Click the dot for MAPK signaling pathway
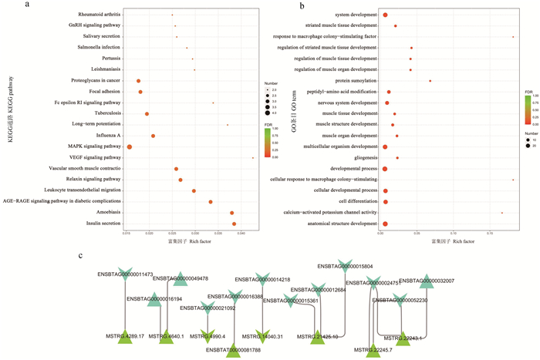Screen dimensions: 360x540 tap(130, 146)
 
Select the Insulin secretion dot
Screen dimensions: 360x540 tap(235, 224)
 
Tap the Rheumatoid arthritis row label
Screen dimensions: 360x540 tap(99, 15)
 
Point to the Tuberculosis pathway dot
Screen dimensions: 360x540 tap(147, 113)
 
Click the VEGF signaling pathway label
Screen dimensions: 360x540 tap(96, 158)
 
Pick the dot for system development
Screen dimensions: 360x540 tap(385, 15)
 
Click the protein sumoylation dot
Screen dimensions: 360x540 tap(430, 81)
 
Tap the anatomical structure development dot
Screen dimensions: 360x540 tap(385, 224)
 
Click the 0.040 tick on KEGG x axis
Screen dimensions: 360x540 tap(241, 233)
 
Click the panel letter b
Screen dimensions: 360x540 tap(301, 6)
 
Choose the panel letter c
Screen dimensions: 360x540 tap(82, 255)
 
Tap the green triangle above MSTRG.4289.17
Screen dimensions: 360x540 tap(125, 335)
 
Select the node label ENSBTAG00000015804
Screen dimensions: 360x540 tap(345, 266)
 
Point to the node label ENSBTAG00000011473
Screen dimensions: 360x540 tap(125, 274)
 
